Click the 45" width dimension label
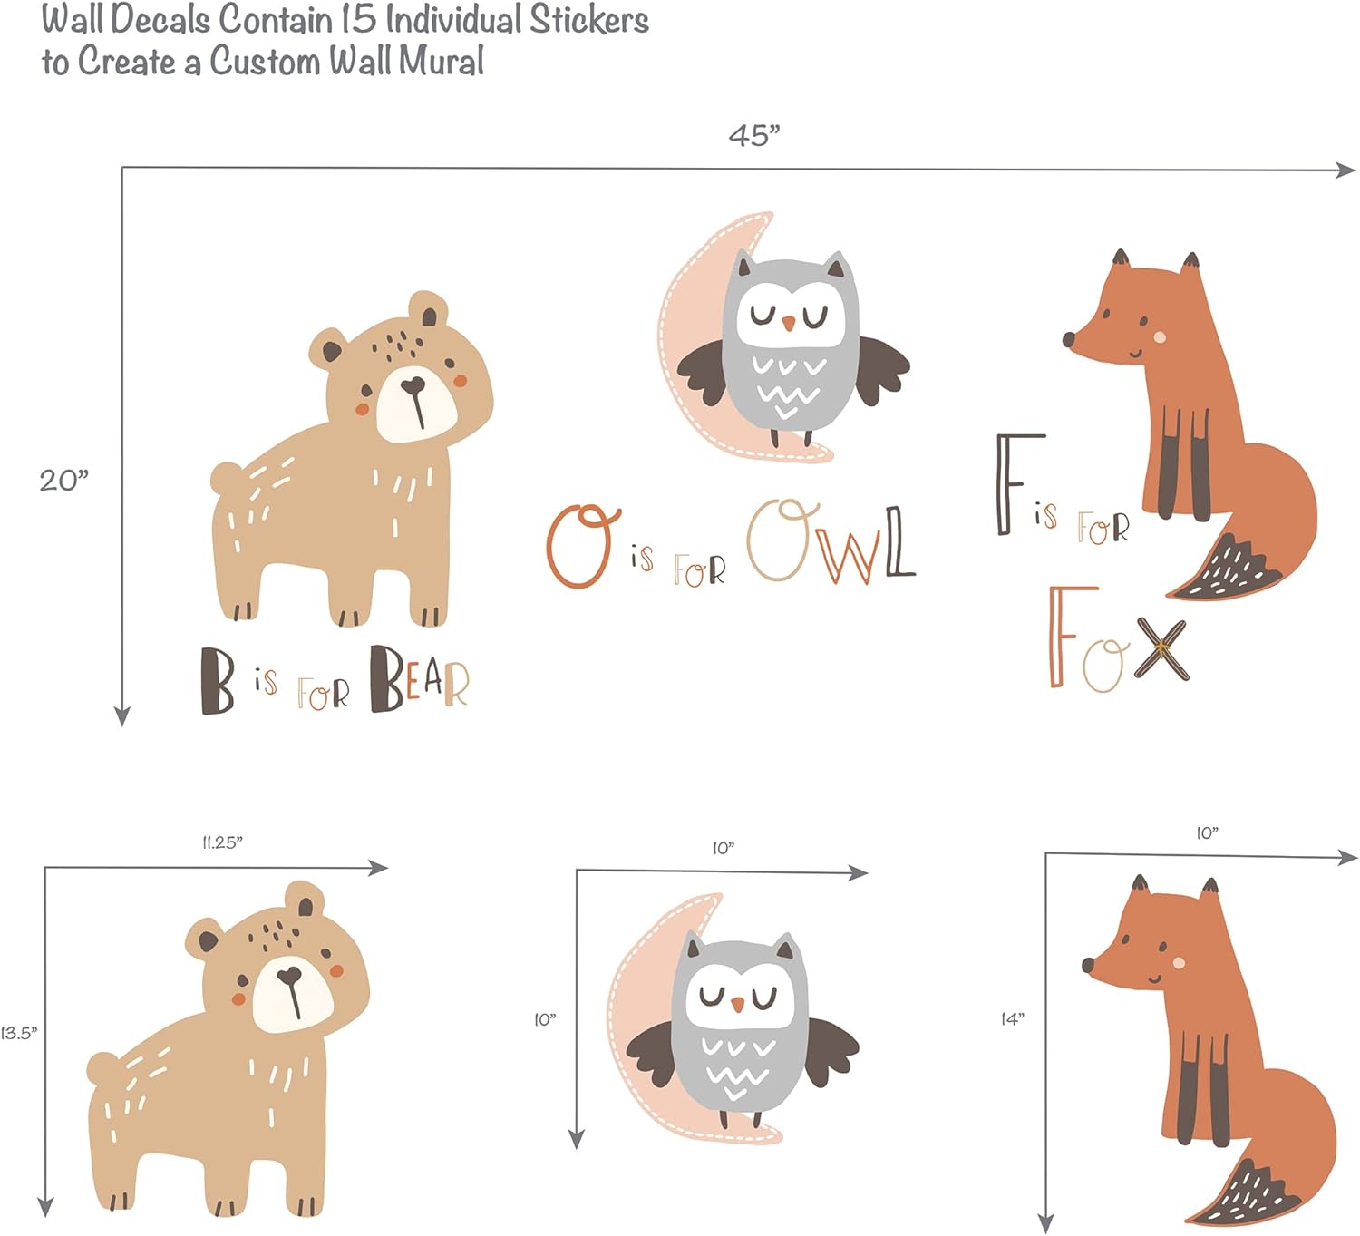(754, 136)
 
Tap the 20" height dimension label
(63, 481)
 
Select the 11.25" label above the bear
(222, 842)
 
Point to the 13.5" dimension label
(19, 1033)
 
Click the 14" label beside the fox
(1012, 1019)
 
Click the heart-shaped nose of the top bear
(413, 386)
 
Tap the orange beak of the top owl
(788, 323)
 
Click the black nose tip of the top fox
(1068, 339)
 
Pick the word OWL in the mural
(831, 541)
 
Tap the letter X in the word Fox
(1161, 648)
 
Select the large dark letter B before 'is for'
(217, 680)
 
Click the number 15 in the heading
(358, 18)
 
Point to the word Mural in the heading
(441, 60)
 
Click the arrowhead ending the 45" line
(1345, 170)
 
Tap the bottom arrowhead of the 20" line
(122, 716)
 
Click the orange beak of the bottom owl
(738, 1003)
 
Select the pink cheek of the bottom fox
(1179, 963)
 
